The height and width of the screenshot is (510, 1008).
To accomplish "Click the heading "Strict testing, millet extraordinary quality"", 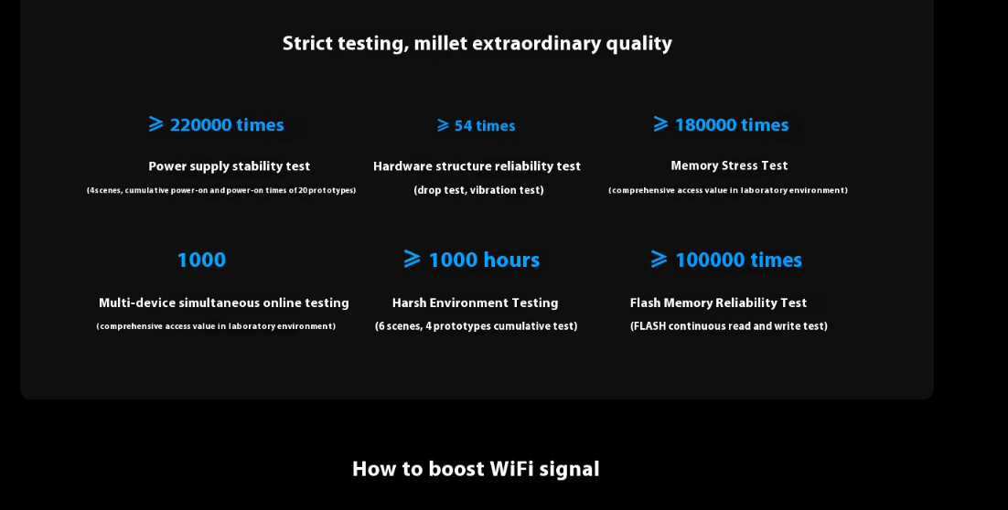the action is pyautogui.click(x=477, y=44).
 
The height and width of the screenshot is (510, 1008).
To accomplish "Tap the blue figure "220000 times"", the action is pyautogui.click(x=226, y=124).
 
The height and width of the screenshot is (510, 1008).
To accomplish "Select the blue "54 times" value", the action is pyautogui.click(x=485, y=126).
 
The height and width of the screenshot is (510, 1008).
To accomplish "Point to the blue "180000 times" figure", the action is pyautogui.click(x=732, y=124).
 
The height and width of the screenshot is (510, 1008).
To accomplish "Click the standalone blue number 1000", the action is pyautogui.click(x=201, y=260).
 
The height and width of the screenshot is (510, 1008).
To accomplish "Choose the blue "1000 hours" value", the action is pyautogui.click(x=484, y=260).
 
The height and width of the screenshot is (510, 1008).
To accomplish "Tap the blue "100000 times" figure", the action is pyautogui.click(x=739, y=260).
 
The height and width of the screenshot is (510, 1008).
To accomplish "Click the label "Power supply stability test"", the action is pyautogui.click(x=229, y=166).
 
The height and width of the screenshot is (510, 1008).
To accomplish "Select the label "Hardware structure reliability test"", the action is pyautogui.click(x=477, y=166).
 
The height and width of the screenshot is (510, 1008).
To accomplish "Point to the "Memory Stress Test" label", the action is pyautogui.click(x=729, y=165).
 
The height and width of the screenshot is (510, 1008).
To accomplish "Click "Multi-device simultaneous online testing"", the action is pyautogui.click(x=224, y=303).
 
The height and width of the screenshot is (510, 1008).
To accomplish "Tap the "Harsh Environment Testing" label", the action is pyautogui.click(x=475, y=303).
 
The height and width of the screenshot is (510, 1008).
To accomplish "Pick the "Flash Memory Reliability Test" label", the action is pyautogui.click(x=718, y=303).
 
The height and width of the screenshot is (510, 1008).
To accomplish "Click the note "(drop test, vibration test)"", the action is pyautogui.click(x=479, y=190).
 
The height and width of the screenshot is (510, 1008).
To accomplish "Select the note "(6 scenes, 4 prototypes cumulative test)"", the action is pyautogui.click(x=477, y=326).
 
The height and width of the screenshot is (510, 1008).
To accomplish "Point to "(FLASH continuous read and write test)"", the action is pyautogui.click(x=729, y=326).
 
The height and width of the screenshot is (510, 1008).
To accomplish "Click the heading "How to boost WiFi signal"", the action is pyautogui.click(x=476, y=469).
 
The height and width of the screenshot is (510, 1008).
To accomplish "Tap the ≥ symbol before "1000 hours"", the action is pyautogui.click(x=412, y=259).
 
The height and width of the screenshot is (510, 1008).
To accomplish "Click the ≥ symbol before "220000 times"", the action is pyautogui.click(x=156, y=124).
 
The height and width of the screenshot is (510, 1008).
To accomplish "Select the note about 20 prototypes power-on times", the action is pyautogui.click(x=221, y=190).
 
